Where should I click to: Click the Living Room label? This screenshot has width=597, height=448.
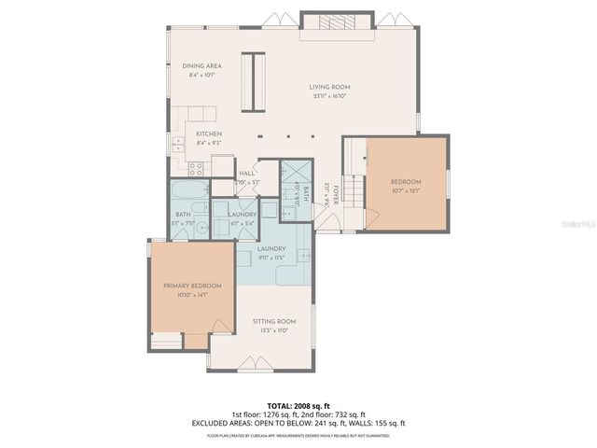[328, 87]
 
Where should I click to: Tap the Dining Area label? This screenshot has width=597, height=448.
[201, 66]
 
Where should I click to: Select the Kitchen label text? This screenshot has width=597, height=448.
[209, 134]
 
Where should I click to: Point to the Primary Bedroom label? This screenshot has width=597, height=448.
[192, 285]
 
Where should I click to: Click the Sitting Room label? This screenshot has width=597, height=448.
[273, 321]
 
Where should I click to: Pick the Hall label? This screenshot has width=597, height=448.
[247, 174]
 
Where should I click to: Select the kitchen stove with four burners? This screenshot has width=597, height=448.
[197, 169]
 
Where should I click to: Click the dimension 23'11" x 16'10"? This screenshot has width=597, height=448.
[328, 95]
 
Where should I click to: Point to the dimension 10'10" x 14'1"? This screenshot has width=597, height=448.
[192, 294]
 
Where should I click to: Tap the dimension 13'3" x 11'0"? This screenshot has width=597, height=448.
[273, 329]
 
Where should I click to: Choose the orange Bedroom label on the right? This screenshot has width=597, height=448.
[406, 181]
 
